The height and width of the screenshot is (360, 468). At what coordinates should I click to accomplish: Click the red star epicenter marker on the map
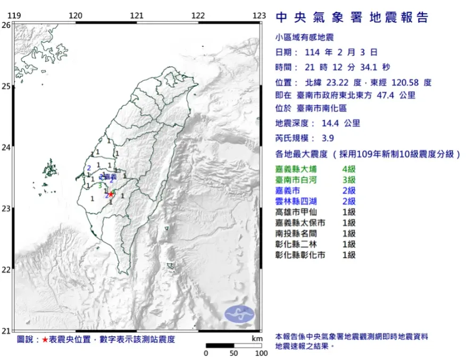pos(111,194)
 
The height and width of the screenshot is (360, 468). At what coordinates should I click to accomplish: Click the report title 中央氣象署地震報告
pos(352,18)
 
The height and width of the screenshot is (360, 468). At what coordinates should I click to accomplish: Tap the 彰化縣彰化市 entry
pos(300,255)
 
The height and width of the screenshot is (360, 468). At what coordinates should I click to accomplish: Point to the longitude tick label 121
pos(137,16)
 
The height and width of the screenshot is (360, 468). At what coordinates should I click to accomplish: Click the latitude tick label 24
pos(6,147)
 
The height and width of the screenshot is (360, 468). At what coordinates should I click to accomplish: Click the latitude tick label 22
pos(6,270)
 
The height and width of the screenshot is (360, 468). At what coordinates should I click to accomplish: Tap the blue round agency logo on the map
pos(239,314)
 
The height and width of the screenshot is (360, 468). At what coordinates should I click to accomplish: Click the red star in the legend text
pos(45,339)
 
